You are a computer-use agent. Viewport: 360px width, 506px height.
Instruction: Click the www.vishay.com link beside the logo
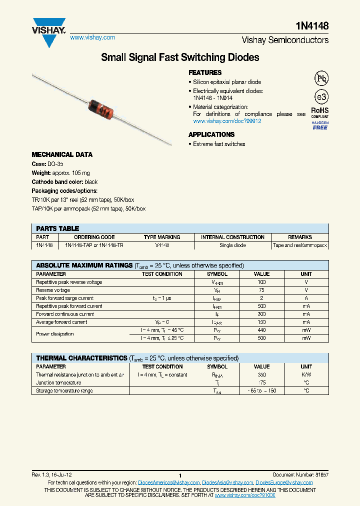coord(92,37)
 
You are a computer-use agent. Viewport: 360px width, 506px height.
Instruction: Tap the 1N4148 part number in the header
coord(314,26)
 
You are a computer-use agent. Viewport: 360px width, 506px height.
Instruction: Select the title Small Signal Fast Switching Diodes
coord(180,57)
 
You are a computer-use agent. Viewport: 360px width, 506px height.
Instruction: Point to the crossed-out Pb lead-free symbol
coord(321,78)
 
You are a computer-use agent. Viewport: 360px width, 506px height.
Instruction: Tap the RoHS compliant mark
coord(320,112)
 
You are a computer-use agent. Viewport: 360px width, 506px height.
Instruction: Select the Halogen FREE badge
coord(320,125)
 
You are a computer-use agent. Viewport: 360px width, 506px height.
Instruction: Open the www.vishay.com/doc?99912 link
coord(227,121)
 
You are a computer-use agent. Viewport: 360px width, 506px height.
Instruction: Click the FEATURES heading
coord(205,72)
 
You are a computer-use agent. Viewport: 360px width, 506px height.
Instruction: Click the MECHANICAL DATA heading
coord(62,154)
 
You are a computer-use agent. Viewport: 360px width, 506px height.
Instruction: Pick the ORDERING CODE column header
coord(94,237)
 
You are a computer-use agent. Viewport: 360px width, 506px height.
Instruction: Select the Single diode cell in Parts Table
coord(232,245)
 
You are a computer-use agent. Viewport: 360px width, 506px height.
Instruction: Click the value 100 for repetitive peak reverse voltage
coord(261,282)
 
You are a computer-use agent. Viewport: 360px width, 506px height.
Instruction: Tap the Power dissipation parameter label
coord(55,334)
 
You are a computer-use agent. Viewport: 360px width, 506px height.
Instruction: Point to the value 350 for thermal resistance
coord(261,374)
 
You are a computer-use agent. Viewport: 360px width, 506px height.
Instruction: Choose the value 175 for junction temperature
coord(261,382)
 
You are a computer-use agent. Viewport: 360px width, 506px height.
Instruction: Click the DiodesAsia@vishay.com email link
coord(227,482)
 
